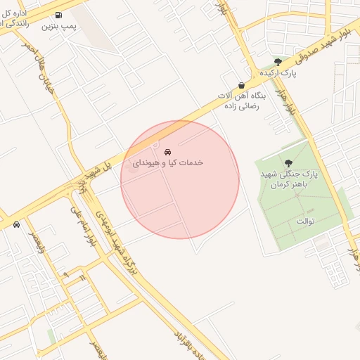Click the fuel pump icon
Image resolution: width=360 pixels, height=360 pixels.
58,15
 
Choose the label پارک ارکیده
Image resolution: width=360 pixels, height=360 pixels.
276,73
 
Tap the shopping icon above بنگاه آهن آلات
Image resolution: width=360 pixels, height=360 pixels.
241,86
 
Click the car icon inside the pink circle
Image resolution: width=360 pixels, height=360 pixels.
167,152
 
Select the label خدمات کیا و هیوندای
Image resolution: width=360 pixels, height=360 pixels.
168,162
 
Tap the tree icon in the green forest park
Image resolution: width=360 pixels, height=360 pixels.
289,162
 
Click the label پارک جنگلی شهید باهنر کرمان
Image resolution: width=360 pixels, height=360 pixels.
289,179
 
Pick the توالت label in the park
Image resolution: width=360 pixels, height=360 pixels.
304,221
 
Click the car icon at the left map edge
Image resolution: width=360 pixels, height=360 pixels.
15,225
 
